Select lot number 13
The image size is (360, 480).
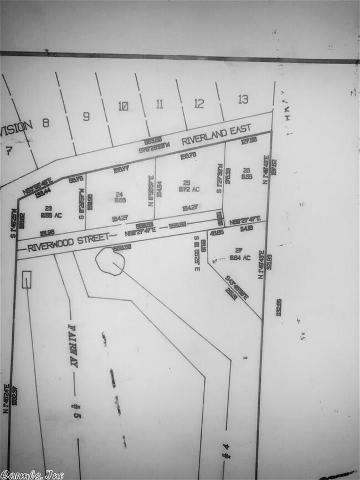pos(243,100)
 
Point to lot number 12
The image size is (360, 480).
pos(199,103)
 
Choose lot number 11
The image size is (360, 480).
pos(160,104)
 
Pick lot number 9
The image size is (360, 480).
pos(86,116)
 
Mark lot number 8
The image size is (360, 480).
pos(45,123)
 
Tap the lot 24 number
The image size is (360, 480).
pos(118,194)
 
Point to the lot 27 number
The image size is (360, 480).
pos(239,250)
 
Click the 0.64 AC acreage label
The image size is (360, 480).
pos(240,257)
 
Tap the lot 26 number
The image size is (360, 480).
pos(247,171)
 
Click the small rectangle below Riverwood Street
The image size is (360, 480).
pos(26,280)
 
